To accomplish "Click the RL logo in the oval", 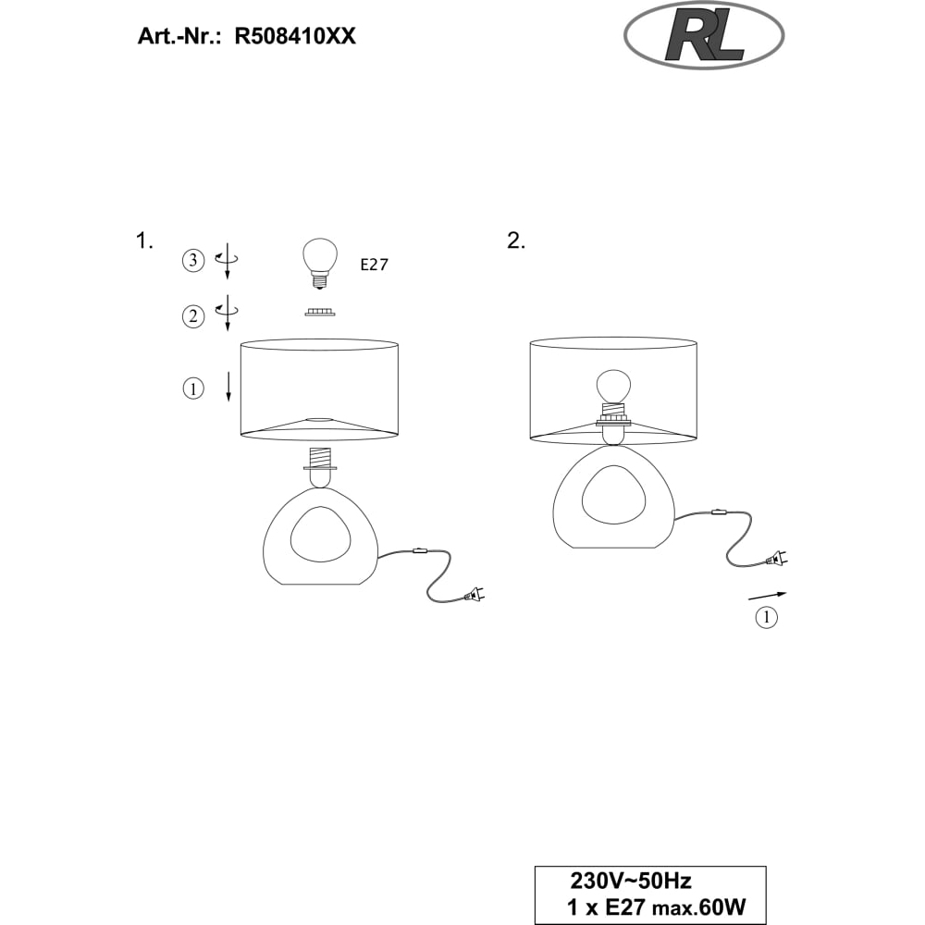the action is pos(704,36).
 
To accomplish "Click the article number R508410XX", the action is pos(295,37).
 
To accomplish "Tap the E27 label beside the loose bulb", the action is pos(375,265).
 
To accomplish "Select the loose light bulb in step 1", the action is pos(320,263).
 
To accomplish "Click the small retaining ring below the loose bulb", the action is pos(320,312).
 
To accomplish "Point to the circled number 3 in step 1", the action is pos(193,260).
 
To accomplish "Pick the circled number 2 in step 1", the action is pos(193,316).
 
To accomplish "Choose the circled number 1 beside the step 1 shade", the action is pos(193,388).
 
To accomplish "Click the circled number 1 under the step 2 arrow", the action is pos(766,618).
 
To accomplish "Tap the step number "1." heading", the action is pos(144,240).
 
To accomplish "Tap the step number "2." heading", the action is pos(516,240).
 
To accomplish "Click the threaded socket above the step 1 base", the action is pos(320,460).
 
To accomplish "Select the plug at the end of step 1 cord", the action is pos(474,596).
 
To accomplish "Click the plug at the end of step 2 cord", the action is pos(776,558).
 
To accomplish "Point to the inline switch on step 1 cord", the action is pos(419,552).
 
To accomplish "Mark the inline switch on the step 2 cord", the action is pos(718,512).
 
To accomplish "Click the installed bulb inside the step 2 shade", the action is pos(613,387).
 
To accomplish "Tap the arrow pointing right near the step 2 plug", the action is pos(768,595).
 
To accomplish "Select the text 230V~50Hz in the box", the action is pos(630,882).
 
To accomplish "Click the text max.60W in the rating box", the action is pos(698,907).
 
